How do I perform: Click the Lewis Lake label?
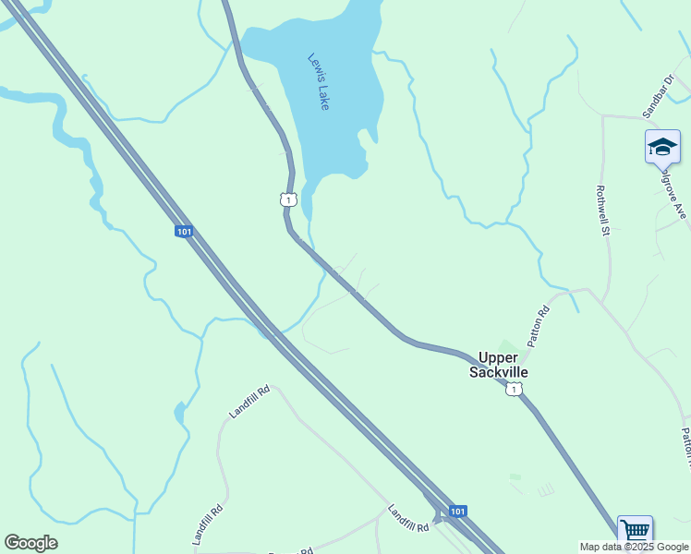click(319, 82)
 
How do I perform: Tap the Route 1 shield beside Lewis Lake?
click(288, 199)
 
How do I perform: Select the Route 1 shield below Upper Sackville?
click(513, 391)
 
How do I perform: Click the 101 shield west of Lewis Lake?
click(184, 231)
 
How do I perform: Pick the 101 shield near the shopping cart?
click(458, 511)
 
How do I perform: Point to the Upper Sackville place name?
click(503, 364)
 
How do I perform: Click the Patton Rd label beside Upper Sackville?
click(539, 326)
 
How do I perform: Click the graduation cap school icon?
click(662, 147)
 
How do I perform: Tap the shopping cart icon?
click(635, 531)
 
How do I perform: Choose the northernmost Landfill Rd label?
click(249, 403)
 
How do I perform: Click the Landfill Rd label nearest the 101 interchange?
click(408, 518)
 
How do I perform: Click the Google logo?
click(31, 543)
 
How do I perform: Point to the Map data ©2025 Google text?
click(635, 547)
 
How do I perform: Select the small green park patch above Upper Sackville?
click(503, 347)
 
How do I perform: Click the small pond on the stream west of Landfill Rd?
click(179, 412)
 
